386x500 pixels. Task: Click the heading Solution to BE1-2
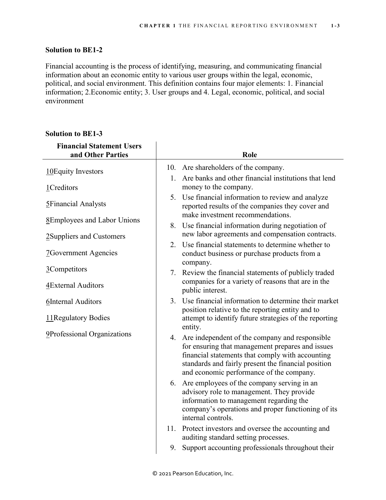click(x=74, y=50)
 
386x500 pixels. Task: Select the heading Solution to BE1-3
click(x=74, y=134)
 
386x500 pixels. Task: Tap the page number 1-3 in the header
click(x=335, y=26)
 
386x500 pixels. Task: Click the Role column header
click(x=249, y=155)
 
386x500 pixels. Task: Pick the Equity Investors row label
click(x=78, y=171)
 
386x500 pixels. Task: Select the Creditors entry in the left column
click(x=64, y=188)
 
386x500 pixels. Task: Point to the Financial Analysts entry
click(x=78, y=204)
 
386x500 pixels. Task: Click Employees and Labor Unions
click(x=95, y=220)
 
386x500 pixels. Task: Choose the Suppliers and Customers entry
click(x=87, y=236)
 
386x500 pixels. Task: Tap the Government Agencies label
click(x=83, y=253)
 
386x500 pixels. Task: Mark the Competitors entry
click(x=68, y=269)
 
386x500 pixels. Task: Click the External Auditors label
click(x=77, y=285)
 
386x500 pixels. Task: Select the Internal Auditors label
click(x=76, y=302)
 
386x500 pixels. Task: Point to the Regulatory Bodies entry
click(x=81, y=318)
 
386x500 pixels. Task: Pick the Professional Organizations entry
click(x=90, y=334)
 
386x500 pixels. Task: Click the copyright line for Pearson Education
click(x=193, y=473)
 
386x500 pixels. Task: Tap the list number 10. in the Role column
click(x=171, y=168)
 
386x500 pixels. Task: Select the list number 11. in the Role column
click(x=171, y=429)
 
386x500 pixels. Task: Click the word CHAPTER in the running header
click(x=155, y=26)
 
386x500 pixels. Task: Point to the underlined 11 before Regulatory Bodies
click(x=50, y=318)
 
